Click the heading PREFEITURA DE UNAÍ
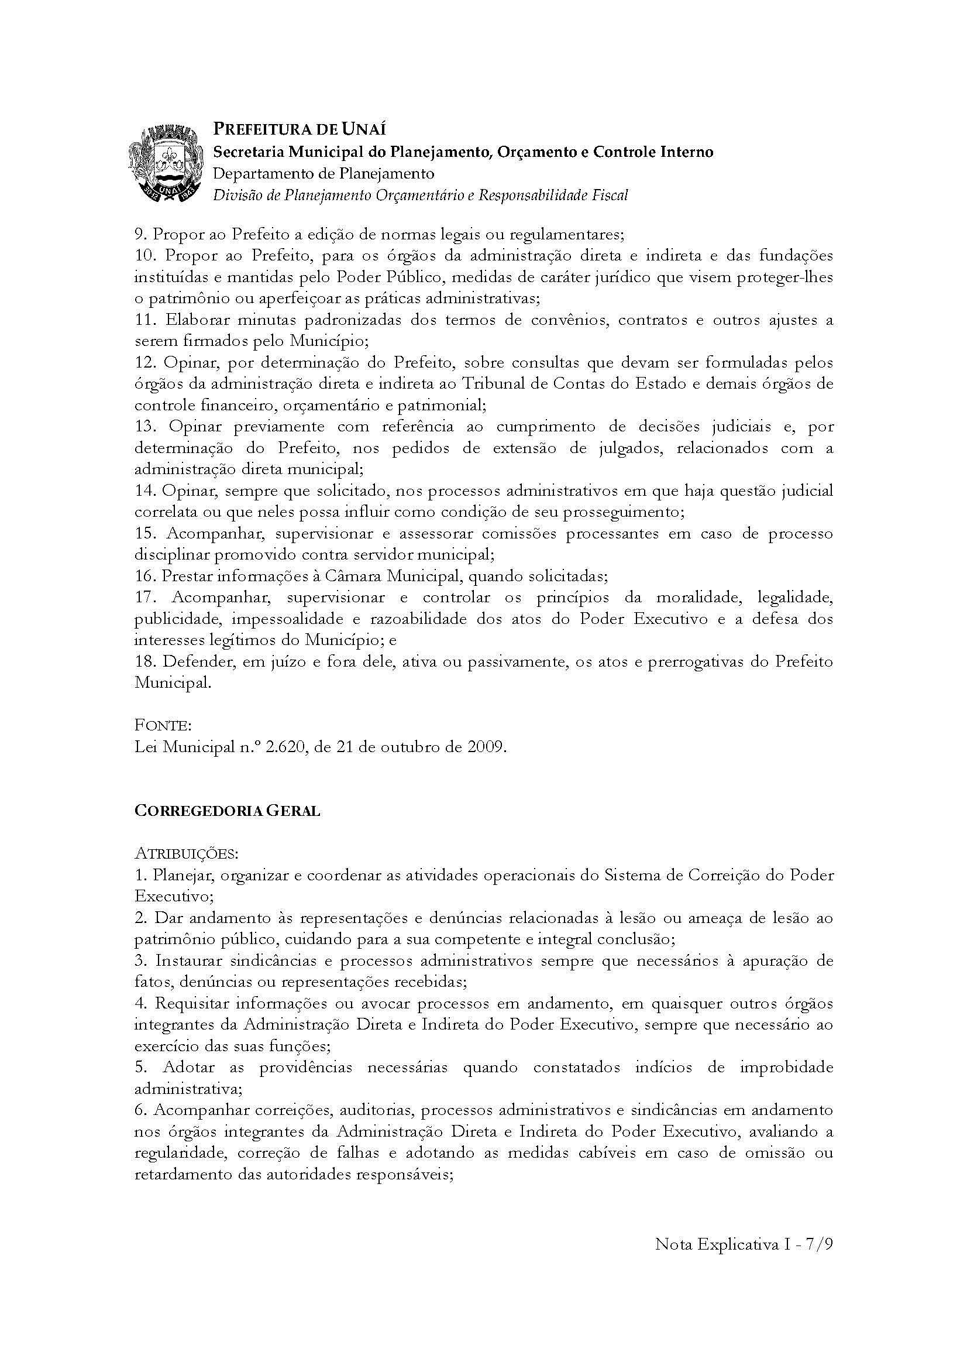(299, 129)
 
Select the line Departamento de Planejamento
(324, 173)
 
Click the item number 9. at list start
(141, 234)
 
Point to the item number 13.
(146, 426)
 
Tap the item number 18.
(146, 661)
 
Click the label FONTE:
(163, 726)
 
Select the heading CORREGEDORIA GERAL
(227, 811)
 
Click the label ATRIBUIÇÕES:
(187, 854)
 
